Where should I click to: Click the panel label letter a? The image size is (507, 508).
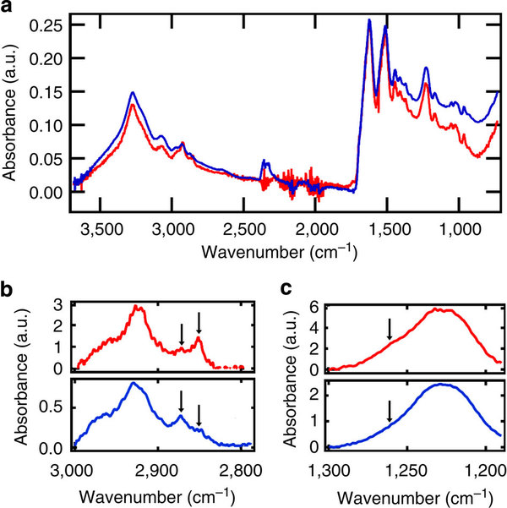(7, 7)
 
